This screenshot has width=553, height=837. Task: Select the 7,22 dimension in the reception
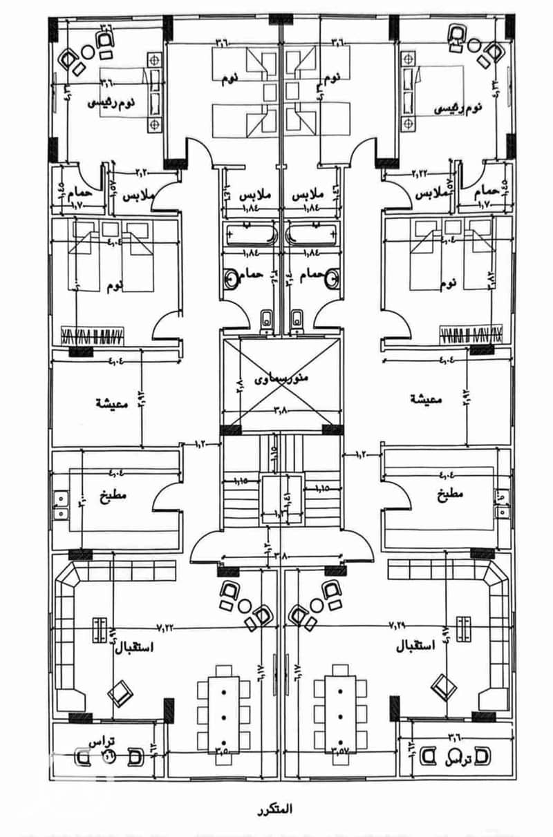(x=167, y=627)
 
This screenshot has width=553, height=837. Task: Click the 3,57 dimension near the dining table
(x=340, y=748)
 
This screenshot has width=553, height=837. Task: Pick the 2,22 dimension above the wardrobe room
(x=420, y=172)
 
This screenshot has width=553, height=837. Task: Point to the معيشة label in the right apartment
(x=427, y=399)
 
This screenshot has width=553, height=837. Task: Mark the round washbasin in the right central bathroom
(x=333, y=279)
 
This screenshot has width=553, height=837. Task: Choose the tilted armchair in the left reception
(x=120, y=690)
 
